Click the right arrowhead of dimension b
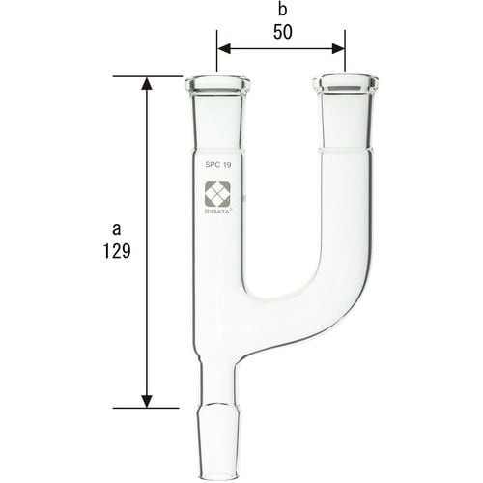(339, 45)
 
